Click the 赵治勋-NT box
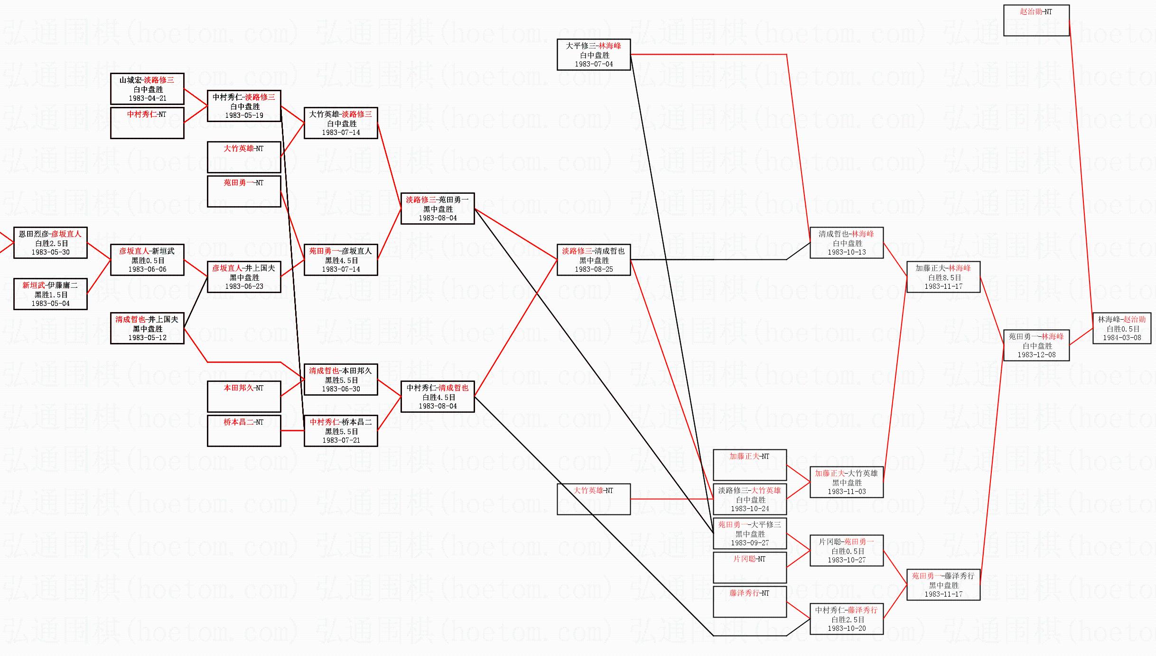click(x=1036, y=20)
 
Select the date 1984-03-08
click(x=1122, y=338)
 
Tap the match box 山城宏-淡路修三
click(x=147, y=89)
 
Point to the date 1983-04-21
click(x=148, y=98)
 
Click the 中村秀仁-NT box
click(x=147, y=123)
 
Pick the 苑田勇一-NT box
click(x=244, y=191)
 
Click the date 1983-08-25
click(x=594, y=269)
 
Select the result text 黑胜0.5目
click(x=148, y=260)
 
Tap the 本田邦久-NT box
click(x=244, y=397)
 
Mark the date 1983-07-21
click(x=341, y=440)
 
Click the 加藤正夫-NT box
click(x=750, y=465)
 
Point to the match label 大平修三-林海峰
click(x=593, y=46)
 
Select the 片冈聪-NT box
click(x=750, y=568)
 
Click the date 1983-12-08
click(x=1036, y=355)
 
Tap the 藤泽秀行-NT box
click(x=750, y=602)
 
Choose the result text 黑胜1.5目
click(x=51, y=295)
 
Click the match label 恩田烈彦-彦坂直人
click(x=50, y=234)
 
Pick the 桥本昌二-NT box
click(x=244, y=431)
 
